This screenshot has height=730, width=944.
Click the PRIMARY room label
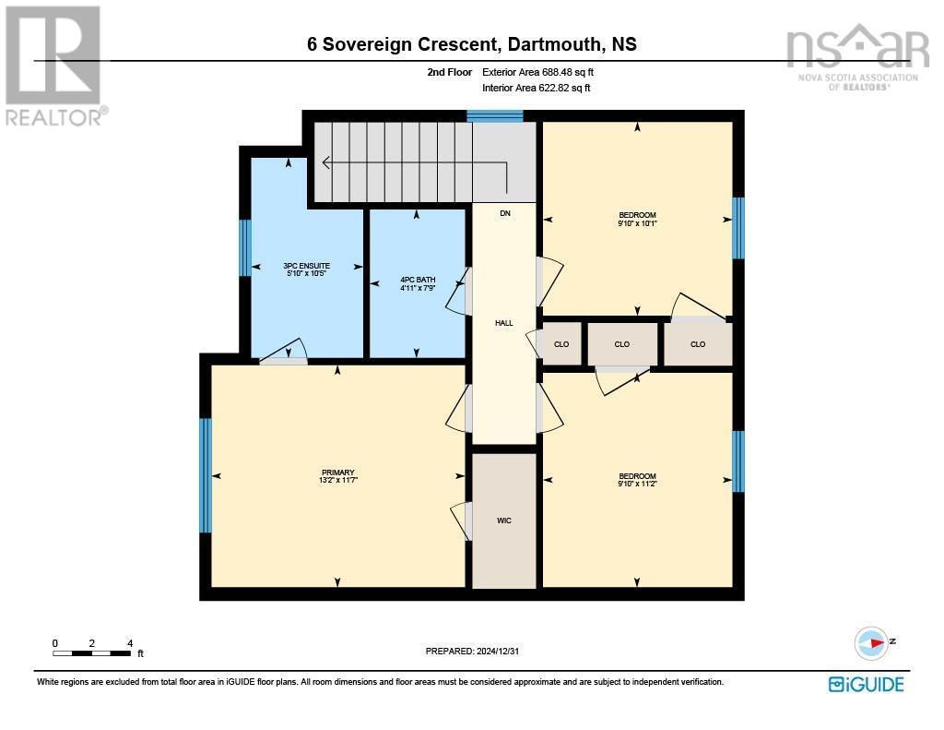coord(337,472)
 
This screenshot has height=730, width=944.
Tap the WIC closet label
coord(503,521)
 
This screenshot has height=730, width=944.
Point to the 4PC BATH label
coord(417,280)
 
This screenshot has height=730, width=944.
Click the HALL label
coord(503,323)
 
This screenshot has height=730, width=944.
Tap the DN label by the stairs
coord(504,213)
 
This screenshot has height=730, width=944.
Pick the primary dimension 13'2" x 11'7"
coord(337,480)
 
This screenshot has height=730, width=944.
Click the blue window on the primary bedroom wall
coord(206,475)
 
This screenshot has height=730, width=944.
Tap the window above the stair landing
coord(495,115)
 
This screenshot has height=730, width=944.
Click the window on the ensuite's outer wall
coord(245,247)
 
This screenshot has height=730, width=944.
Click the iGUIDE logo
coord(866,684)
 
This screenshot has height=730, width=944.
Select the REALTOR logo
coord(53,66)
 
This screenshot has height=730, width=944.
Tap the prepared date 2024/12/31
coord(478,651)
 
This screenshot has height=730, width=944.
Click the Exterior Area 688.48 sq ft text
coord(545,72)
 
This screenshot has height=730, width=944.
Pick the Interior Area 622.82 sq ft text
coord(536,88)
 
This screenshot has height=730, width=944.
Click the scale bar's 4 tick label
coord(130,643)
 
